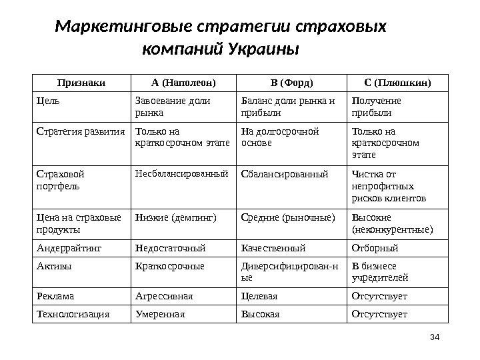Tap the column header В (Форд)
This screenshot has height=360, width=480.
click(291, 83)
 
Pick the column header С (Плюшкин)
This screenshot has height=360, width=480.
click(397, 83)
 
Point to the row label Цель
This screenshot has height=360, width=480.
click(47, 101)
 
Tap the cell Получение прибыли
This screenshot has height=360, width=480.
click(376, 106)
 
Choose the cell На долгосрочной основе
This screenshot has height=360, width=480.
click(279, 137)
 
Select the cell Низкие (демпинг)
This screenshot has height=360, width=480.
click(171, 217)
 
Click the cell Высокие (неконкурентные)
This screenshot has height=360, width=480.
click(391, 223)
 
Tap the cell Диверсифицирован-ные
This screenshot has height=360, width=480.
click(289, 271)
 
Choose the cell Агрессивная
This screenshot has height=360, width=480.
click(163, 296)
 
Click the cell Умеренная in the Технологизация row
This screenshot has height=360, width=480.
click(159, 313)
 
